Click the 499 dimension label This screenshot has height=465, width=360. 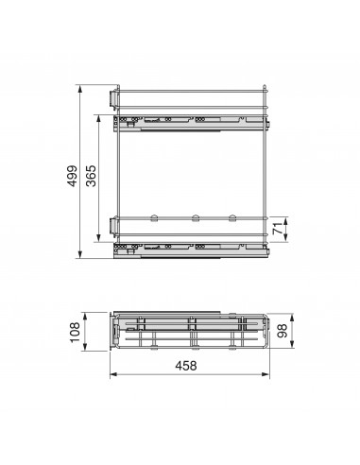[68, 172]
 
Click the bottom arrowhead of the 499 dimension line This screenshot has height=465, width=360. [80, 256]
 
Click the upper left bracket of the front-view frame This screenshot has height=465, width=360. [113, 98]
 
